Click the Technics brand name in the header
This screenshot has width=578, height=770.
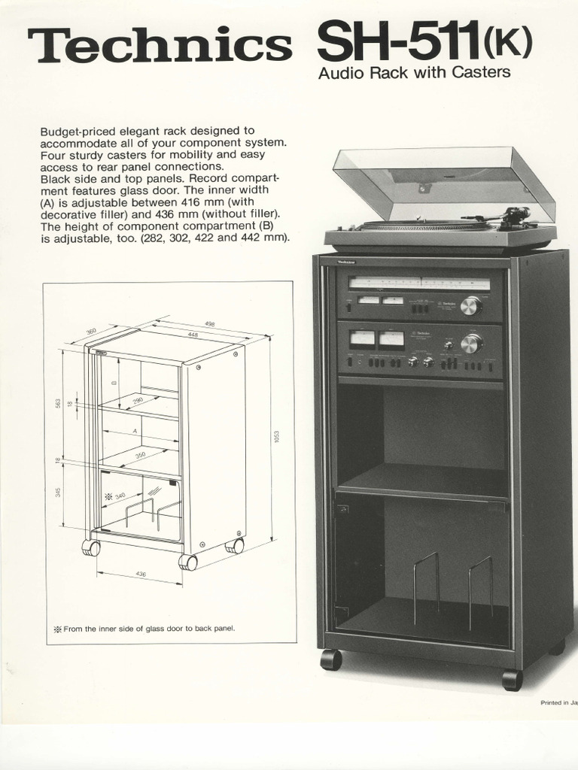pos(160,47)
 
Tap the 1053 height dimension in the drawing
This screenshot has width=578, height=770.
pos(277,437)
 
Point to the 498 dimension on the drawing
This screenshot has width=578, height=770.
pos(209,324)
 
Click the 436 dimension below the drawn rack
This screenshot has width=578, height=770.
pos(139,574)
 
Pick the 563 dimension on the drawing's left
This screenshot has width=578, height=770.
pos(59,402)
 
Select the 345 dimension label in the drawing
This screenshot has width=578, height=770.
pos(59,493)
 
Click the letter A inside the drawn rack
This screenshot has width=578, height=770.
pos(135,432)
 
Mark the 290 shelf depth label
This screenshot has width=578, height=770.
pos(138,400)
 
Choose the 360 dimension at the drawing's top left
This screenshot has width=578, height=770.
pos(92,332)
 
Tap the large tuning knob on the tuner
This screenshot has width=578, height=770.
pos(470,305)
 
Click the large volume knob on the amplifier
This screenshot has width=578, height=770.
pos(471,344)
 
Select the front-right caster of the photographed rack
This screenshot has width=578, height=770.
pos(512,679)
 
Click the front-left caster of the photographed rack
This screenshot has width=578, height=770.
pos(330,659)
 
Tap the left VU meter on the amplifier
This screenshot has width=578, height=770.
pos(362,338)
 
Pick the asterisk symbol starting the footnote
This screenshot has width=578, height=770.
pos(57,629)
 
